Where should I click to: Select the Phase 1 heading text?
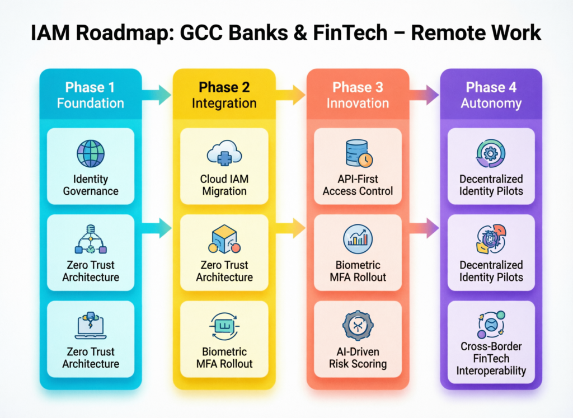(90, 87)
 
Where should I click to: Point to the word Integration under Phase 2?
(224, 104)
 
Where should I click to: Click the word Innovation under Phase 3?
(358, 104)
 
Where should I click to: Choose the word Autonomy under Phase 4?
(491, 104)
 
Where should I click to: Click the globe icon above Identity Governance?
(90, 154)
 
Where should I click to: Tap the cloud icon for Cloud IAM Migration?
(224, 154)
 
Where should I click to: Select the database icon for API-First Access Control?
(357, 153)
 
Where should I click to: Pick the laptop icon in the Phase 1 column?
(90, 326)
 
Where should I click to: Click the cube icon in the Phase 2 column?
(224, 239)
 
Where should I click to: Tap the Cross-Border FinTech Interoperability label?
(491, 358)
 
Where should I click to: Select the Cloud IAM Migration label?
(224, 185)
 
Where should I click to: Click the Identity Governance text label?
(90, 185)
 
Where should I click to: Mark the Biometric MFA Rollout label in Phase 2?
(224, 358)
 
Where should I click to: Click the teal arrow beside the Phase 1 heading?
(157, 95)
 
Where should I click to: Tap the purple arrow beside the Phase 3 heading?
(425, 95)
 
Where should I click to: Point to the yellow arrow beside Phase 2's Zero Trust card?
(291, 228)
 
